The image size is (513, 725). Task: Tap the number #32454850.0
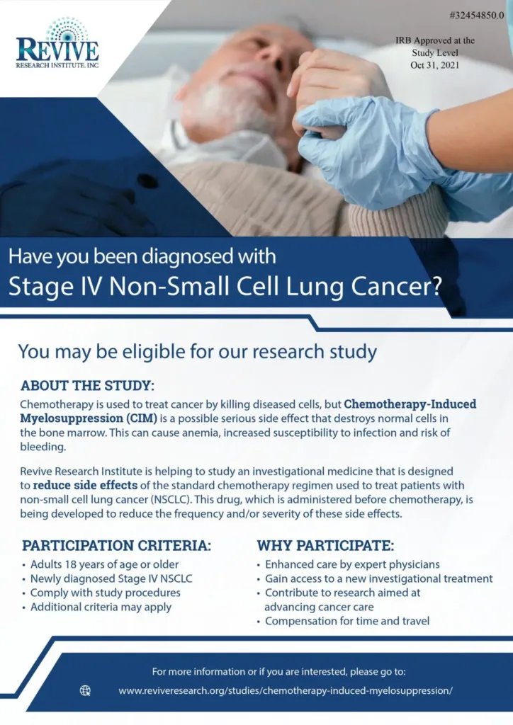tap(477, 16)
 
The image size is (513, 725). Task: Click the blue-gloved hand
tap(354, 138)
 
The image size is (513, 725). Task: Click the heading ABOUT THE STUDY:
tap(87, 386)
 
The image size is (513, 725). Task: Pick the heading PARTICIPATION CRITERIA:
tap(116, 546)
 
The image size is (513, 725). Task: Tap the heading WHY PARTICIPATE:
tap(325, 546)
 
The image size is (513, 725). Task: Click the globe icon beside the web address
tap(86, 690)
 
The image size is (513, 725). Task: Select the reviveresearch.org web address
tap(285, 690)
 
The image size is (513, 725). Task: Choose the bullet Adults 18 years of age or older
tap(104, 564)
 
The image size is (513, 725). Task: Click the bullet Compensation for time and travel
tap(346, 622)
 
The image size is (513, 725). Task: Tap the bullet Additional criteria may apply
tap(101, 607)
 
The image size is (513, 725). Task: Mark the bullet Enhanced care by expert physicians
tap(352, 564)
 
